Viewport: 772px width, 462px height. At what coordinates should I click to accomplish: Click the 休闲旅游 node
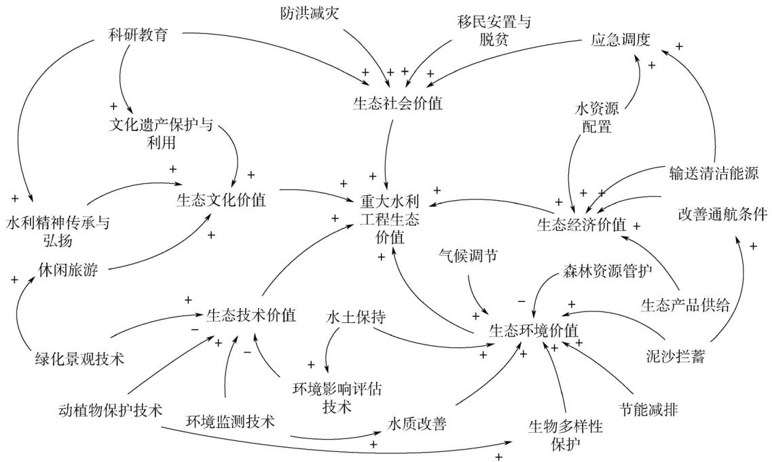[69, 271]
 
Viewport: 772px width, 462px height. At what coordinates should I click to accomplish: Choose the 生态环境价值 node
[534, 330]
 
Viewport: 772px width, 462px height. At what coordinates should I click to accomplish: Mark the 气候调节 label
[468, 255]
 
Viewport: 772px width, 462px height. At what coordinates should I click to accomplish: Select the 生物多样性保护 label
[565, 436]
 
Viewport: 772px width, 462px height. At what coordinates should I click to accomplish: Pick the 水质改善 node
[417, 424]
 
